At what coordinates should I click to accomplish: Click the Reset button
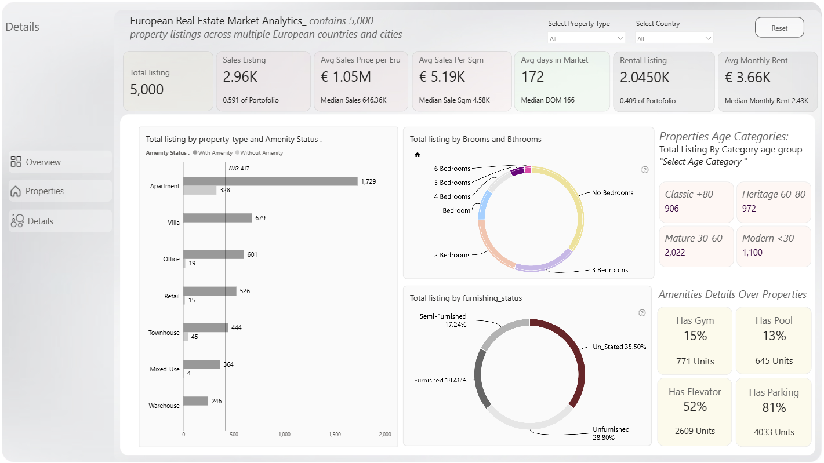tap(779, 28)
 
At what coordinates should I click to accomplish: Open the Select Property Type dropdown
tap(586, 38)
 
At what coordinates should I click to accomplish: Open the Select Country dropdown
tap(674, 38)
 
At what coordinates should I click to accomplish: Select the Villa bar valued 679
tap(217, 218)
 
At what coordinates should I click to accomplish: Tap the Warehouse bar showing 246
tap(195, 401)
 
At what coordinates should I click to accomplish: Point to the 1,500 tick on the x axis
tap(335, 435)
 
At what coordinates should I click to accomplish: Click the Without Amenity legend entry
tap(259, 153)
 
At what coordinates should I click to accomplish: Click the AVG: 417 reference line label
tap(239, 168)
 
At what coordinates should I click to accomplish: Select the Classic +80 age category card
tap(696, 202)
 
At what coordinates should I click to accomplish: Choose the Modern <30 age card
tap(774, 246)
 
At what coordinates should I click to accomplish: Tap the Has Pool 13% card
tap(774, 340)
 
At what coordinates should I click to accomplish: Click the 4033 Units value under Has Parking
tap(774, 432)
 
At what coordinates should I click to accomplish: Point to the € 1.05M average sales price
tap(346, 77)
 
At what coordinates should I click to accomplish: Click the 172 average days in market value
tap(532, 77)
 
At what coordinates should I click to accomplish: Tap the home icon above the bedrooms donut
tap(417, 155)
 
